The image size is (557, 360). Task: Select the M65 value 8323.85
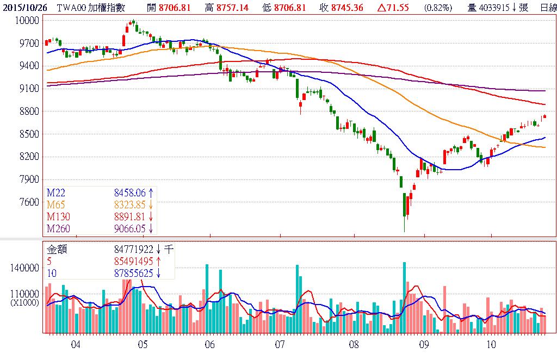(x=129, y=204)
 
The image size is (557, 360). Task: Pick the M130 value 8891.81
(x=129, y=216)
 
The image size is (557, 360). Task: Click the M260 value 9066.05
(x=129, y=228)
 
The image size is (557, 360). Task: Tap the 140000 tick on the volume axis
(x=24, y=268)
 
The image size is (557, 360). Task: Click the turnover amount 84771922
(x=133, y=250)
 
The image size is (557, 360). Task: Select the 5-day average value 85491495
(x=133, y=261)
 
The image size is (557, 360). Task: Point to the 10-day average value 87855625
(x=133, y=273)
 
